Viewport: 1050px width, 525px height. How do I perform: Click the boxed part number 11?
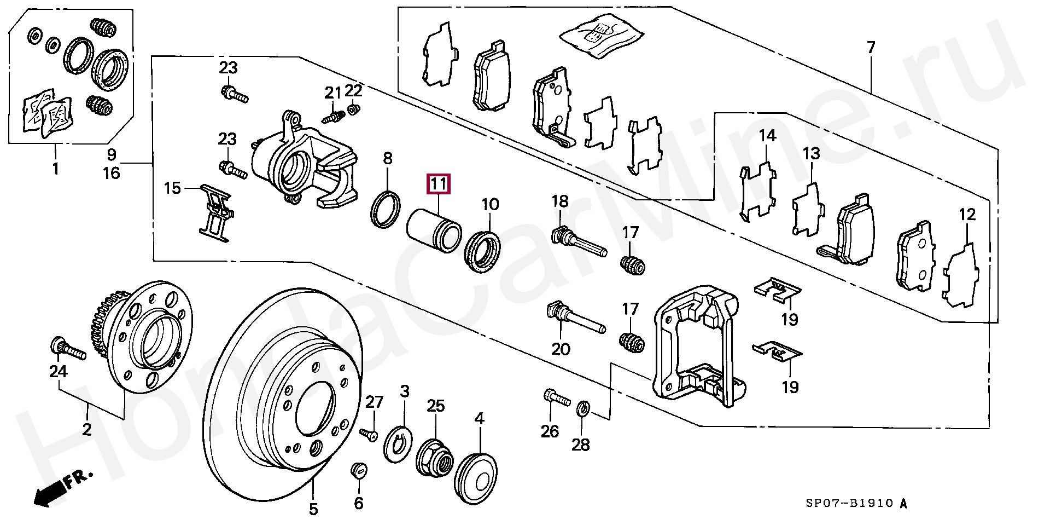point(438,184)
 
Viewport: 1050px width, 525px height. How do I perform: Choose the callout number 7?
point(871,48)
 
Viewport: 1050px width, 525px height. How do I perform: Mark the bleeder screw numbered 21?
point(334,117)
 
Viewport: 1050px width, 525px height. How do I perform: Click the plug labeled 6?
point(358,470)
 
